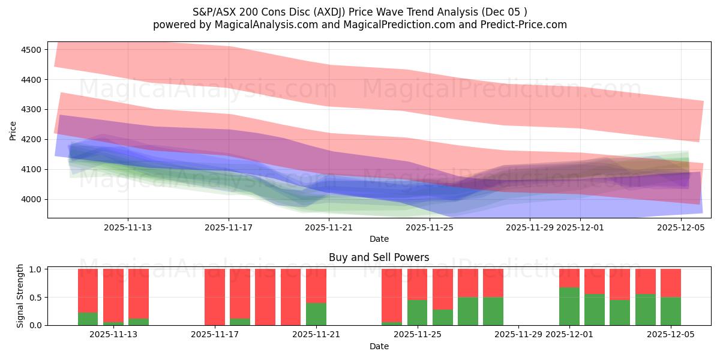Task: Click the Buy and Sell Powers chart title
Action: click(x=379, y=258)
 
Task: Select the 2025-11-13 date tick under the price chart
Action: click(x=127, y=227)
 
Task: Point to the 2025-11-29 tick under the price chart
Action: click(x=530, y=227)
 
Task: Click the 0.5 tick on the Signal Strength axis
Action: click(x=35, y=297)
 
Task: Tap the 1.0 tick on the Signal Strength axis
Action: click(x=35, y=269)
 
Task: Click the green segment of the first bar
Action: click(x=88, y=319)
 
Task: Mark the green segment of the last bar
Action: click(x=670, y=311)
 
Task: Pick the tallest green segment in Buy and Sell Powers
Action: click(x=569, y=306)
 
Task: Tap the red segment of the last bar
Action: click(x=670, y=283)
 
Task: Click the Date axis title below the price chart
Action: click(x=379, y=239)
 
